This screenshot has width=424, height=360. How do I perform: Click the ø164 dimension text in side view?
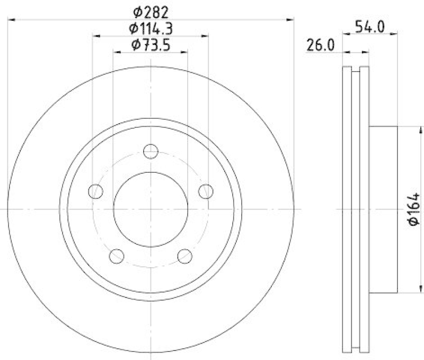click(x=414, y=210)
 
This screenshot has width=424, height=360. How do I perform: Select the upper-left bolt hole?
click(x=95, y=191)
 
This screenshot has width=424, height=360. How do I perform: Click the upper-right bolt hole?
click(x=206, y=191)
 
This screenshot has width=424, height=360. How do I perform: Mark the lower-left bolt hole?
click(x=116, y=256)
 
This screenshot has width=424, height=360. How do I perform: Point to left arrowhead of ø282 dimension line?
click(x=12, y=20)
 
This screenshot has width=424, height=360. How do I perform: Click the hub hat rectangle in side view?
click(x=383, y=209)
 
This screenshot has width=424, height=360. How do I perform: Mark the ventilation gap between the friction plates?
click(x=356, y=209)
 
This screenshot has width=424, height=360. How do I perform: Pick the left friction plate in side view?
click(x=347, y=209)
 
